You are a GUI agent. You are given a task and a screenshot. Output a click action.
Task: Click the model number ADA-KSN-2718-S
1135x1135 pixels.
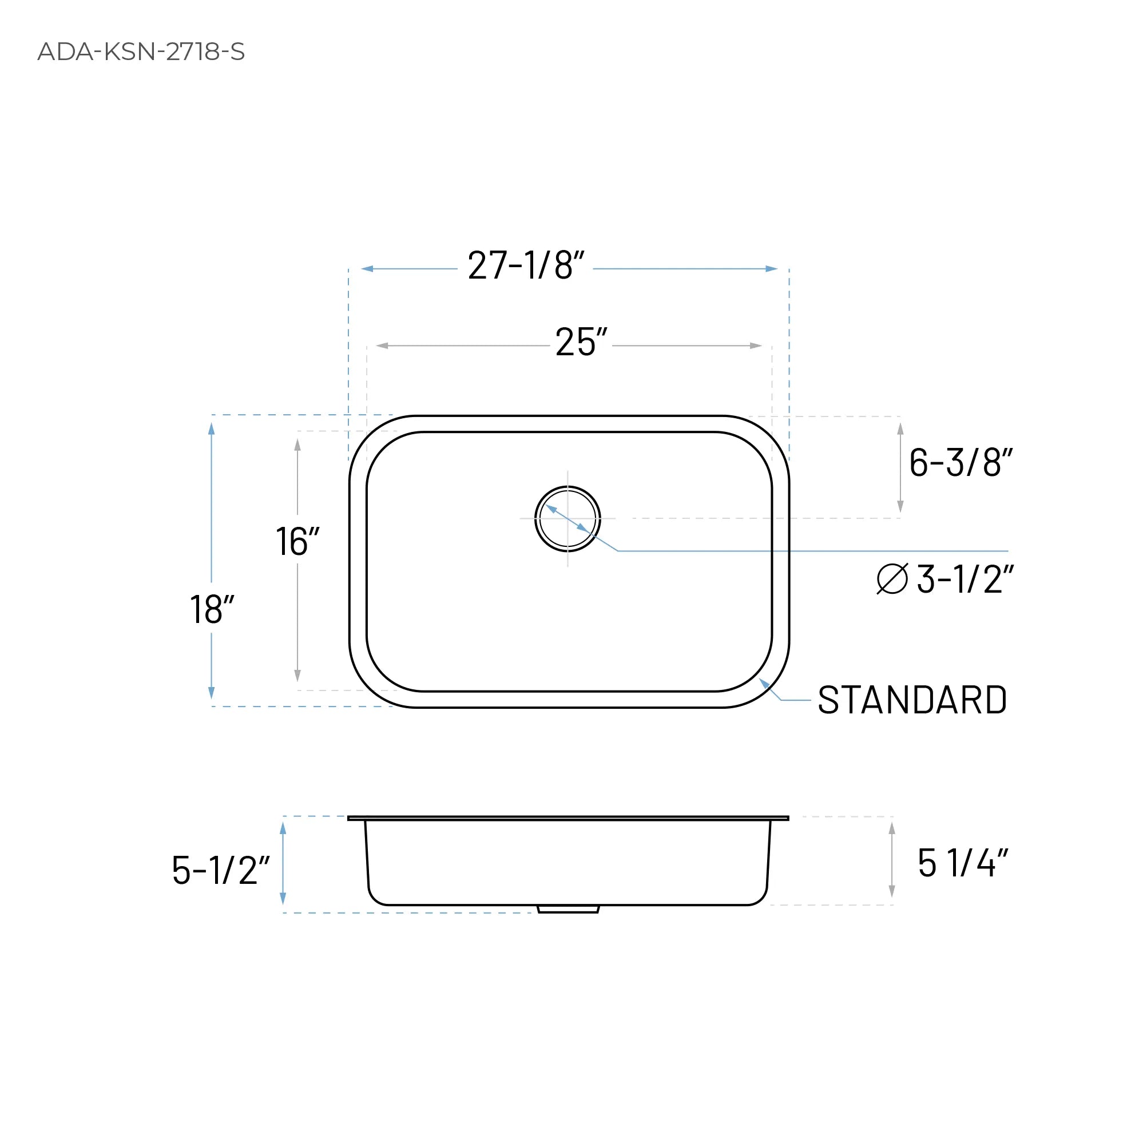point(141,51)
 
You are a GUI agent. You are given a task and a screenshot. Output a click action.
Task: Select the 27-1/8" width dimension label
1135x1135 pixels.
point(525,265)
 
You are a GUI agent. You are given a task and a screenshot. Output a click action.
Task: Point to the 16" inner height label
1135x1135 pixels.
point(297,541)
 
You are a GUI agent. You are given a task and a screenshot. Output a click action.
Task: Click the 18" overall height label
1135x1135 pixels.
point(212,609)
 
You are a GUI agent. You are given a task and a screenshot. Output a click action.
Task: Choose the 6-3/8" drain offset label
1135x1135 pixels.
point(961,462)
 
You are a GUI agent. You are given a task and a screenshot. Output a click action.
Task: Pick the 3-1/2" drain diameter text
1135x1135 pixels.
point(965,579)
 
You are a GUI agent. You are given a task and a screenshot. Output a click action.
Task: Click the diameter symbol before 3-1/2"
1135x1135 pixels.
point(892,579)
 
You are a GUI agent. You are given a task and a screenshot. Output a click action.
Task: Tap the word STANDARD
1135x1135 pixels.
point(912,700)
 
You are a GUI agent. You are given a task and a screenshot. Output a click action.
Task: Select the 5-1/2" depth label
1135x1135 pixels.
point(220,870)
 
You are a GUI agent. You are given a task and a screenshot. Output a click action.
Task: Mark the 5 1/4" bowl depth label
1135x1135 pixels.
point(962,863)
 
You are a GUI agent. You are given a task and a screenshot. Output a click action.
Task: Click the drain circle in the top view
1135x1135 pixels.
point(567,519)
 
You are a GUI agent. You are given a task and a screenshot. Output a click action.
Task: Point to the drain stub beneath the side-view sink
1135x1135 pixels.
point(568,909)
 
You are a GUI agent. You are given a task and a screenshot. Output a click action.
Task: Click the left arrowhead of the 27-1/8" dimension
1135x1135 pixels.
point(367,269)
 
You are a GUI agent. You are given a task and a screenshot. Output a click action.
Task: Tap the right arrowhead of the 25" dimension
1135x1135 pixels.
point(756,346)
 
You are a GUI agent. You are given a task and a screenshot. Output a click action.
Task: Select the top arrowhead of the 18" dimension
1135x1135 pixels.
point(212,428)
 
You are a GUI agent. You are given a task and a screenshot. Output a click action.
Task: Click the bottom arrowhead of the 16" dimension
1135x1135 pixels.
point(297,676)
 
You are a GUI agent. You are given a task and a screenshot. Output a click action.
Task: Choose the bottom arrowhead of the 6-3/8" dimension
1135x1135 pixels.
point(900,506)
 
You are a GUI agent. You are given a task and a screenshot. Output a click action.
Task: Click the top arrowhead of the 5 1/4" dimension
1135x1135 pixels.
point(892,828)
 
